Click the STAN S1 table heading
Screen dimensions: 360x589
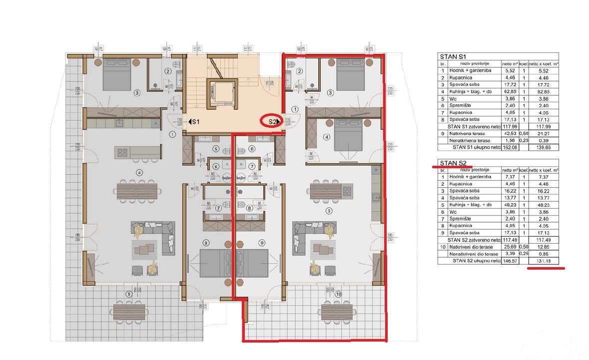coord(453,56)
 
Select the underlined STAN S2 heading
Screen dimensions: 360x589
coord(453,162)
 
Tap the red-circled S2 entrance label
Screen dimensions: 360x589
coord(272,121)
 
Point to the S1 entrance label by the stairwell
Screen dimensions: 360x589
coord(194,121)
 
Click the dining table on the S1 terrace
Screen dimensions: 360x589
coord(129,312)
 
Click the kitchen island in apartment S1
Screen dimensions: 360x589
coord(138,151)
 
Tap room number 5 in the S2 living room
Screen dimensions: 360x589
coord(328,211)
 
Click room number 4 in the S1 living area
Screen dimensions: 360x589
coord(140,172)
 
